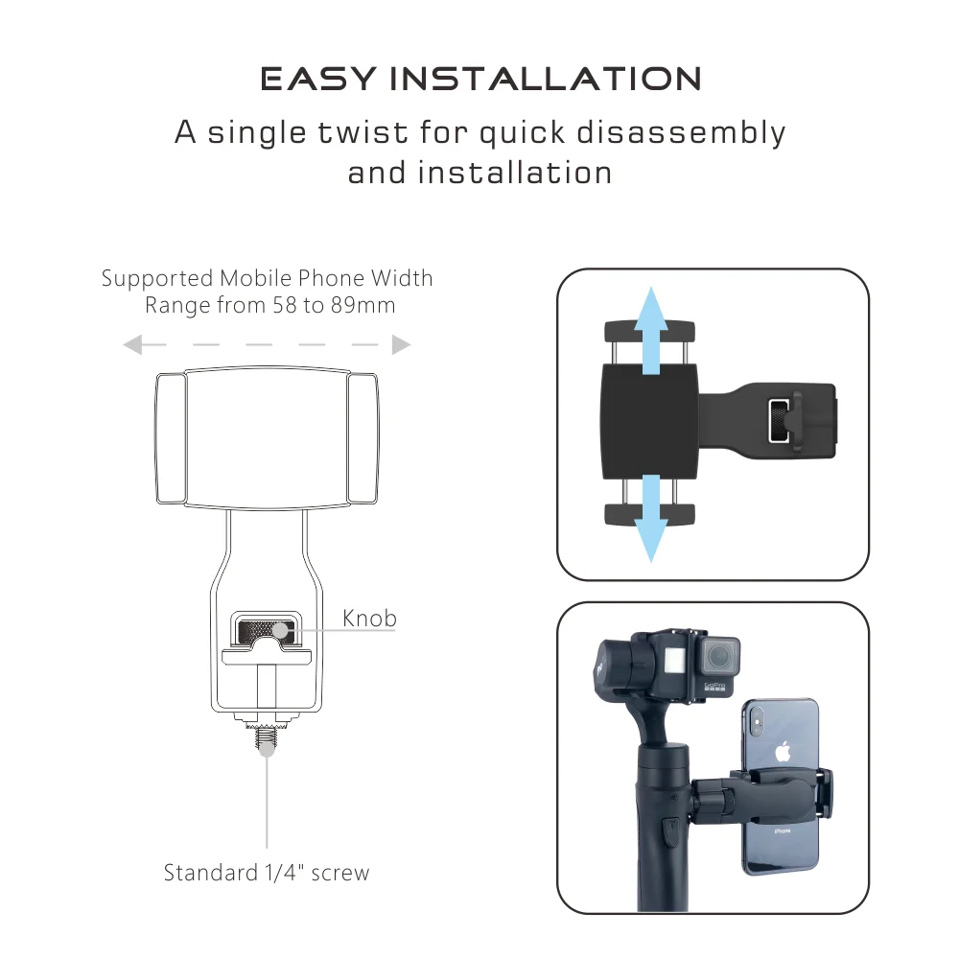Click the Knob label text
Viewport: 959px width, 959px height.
369,619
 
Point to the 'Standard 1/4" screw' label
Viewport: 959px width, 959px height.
266,873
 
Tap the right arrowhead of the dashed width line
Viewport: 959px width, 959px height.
402,344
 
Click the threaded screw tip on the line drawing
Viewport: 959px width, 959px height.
267,744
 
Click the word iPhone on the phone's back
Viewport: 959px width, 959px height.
782,830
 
